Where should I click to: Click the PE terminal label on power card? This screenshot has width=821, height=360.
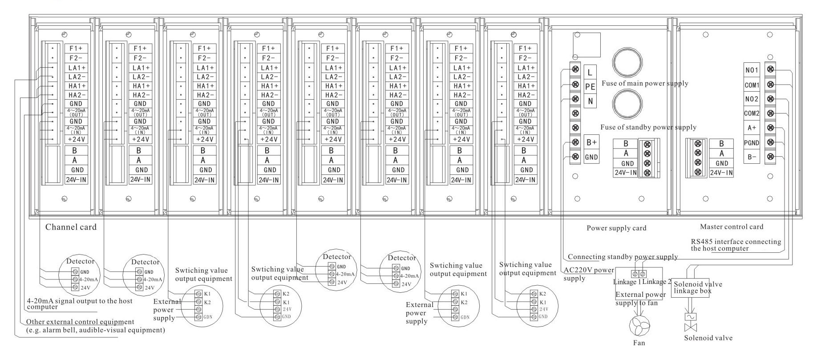[x=590, y=87]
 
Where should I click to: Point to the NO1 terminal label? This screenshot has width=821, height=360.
[x=752, y=70]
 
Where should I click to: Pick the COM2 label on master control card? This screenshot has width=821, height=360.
[x=752, y=113]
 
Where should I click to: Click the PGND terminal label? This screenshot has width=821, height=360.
[x=752, y=143]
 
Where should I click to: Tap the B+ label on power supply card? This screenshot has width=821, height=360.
[x=591, y=142]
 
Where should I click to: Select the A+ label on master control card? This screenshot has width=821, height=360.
[x=752, y=128]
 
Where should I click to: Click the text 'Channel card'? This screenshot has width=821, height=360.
[x=71, y=227]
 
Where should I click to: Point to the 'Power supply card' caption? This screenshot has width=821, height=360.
[x=616, y=228]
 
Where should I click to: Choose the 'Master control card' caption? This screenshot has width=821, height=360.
[x=731, y=227]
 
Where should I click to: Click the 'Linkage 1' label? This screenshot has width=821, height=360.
[x=627, y=282]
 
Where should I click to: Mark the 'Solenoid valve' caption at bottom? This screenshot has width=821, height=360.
[x=708, y=338]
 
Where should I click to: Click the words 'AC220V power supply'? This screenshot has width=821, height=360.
[x=588, y=274]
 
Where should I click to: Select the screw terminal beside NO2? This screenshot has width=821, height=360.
[x=770, y=99]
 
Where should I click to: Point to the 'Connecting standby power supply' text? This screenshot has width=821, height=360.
[x=623, y=257]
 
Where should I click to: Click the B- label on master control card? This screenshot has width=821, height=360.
[x=752, y=157]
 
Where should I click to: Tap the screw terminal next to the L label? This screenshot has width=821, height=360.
[x=575, y=69]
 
